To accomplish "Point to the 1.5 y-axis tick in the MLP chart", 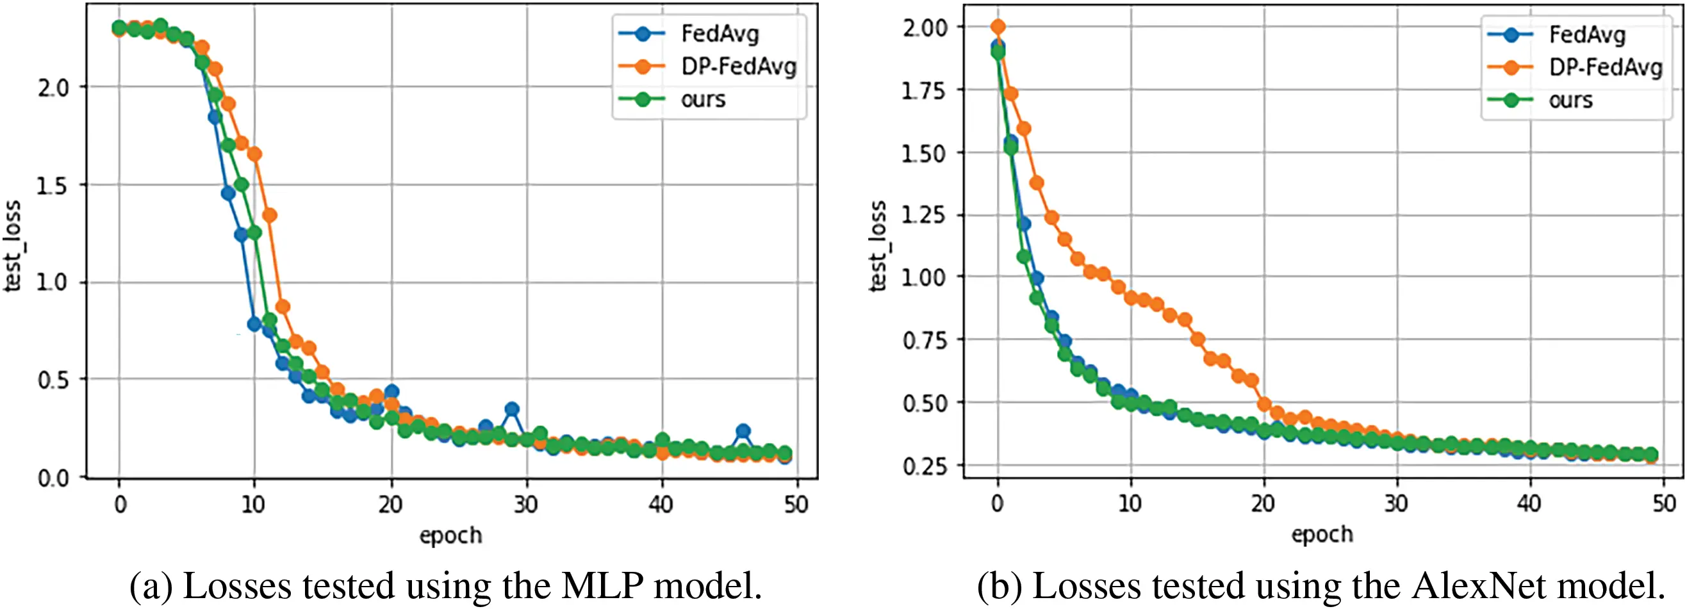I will point(52,186).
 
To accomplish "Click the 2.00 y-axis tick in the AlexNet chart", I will point(924,28).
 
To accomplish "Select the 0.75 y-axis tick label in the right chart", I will point(924,341).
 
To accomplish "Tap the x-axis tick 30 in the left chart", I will point(525,504).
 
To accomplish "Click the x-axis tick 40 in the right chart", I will point(1529,503).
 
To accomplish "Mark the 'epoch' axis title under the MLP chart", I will point(450,535).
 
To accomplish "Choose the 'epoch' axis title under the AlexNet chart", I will point(1322,534).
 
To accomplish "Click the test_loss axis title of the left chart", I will point(13,245).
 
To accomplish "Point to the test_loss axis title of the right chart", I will point(878,245).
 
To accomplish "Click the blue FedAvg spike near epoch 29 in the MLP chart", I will point(512,409).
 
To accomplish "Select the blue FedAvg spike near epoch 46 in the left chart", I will point(743,431).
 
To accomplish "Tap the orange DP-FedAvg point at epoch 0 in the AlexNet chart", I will point(998,27).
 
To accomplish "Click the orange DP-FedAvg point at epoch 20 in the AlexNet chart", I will point(1264,404).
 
